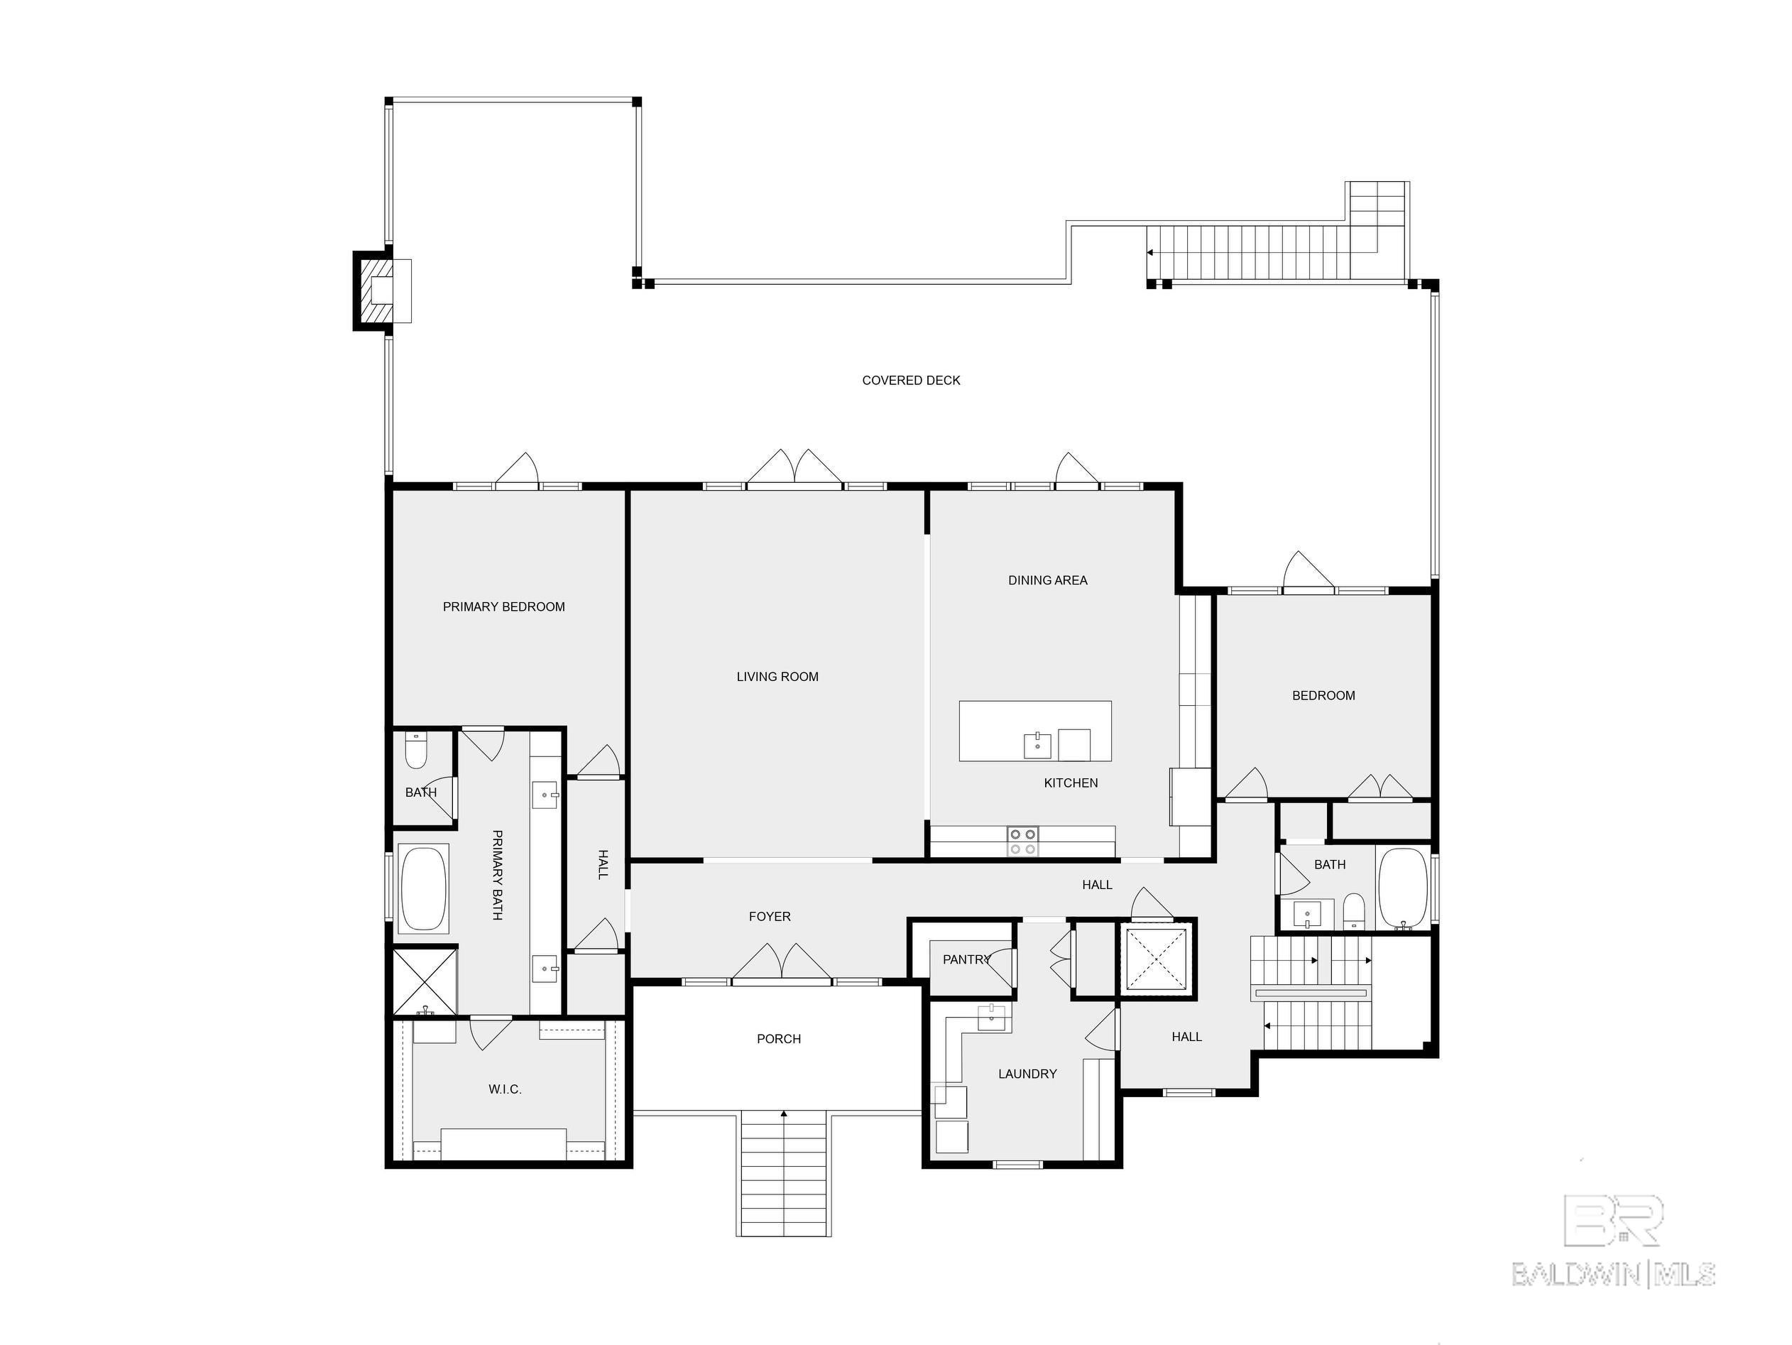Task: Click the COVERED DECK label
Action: point(911,380)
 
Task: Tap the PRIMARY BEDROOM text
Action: point(503,607)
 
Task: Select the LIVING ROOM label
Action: point(777,677)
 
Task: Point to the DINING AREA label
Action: point(1047,580)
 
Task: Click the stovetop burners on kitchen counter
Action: point(1022,841)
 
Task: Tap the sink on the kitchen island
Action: point(1037,744)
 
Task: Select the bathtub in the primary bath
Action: point(424,888)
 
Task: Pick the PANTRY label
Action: point(966,959)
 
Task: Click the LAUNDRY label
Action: point(1027,1074)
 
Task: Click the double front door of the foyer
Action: point(782,964)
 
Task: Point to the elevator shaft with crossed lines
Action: point(1156,961)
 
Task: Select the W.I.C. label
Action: point(505,1089)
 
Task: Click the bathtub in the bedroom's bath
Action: point(1402,888)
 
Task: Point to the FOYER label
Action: point(769,916)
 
